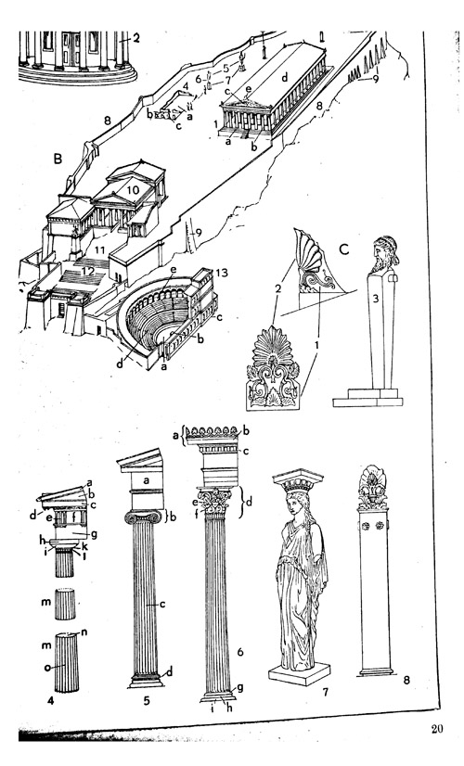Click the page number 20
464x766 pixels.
(436, 729)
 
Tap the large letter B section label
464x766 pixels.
(58, 159)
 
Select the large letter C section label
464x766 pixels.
(344, 249)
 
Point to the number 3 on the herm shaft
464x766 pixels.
(376, 300)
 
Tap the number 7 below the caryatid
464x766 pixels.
(325, 692)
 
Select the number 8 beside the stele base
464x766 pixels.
(406, 680)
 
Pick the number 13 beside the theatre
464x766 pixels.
(222, 273)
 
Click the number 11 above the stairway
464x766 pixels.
(100, 250)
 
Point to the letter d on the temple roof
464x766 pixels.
(285, 76)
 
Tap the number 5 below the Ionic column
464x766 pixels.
(147, 701)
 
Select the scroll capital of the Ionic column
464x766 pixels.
(143, 517)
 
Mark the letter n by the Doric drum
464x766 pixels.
(84, 632)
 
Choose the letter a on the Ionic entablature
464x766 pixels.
(146, 480)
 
